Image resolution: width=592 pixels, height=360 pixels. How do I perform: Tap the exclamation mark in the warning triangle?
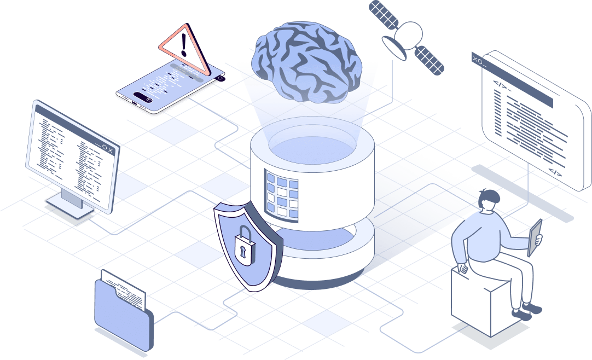(184, 45)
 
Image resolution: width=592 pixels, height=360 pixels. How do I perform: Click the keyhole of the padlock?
(241, 250)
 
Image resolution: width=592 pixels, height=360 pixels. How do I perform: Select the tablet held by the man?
(534, 237)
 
